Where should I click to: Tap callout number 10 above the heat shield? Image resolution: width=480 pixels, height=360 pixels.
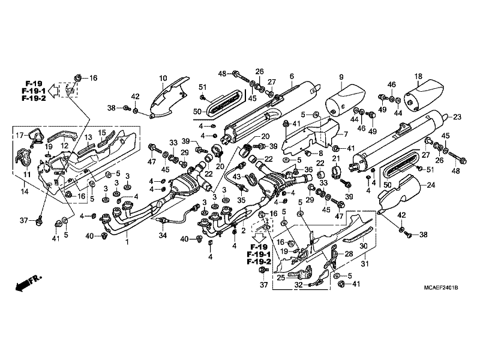(x=163, y=78)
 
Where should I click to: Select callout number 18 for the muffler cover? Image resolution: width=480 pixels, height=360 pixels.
(x=418, y=76)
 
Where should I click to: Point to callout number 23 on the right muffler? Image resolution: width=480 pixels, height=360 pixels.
(x=457, y=116)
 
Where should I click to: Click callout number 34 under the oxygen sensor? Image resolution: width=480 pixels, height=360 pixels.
(x=163, y=235)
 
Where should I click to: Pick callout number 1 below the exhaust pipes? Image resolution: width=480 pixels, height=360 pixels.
(x=127, y=242)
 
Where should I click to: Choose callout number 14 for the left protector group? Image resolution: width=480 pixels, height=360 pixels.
(x=25, y=191)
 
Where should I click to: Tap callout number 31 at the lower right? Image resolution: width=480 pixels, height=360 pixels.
(x=365, y=263)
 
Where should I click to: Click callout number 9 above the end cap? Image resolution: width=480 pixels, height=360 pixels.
(x=341, y=77)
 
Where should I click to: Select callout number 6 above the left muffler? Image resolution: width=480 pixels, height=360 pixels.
(x=292, y=76)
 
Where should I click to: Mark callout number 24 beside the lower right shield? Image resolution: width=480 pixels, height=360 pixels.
(x=431, y=185)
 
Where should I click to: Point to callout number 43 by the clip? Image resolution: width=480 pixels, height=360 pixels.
(x=236, y=176)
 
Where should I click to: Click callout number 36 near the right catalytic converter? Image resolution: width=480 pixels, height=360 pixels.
(x=308, y=170)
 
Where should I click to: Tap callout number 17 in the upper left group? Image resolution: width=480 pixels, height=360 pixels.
(x=20, y=135)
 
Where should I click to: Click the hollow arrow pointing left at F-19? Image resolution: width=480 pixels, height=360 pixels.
(x=54, y=91)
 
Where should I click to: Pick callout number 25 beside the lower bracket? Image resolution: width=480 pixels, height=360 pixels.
(x=281, y=278)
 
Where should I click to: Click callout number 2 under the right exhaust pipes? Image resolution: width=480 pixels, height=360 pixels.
(x=244, y=230)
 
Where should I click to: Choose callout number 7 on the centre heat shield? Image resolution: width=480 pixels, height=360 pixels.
(x=346, y=134)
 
